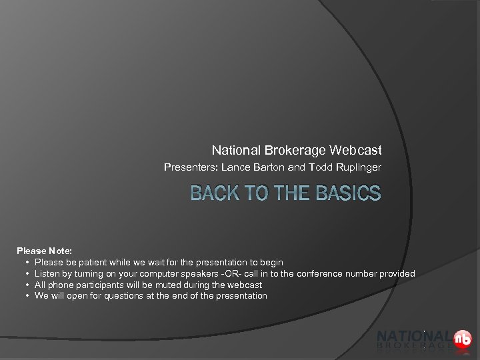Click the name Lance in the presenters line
point(234,167)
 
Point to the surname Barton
point(268,167)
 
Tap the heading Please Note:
point(44,251)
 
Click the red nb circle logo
point(462,339)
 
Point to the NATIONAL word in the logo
point(413,336)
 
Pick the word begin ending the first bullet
point(271,263)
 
